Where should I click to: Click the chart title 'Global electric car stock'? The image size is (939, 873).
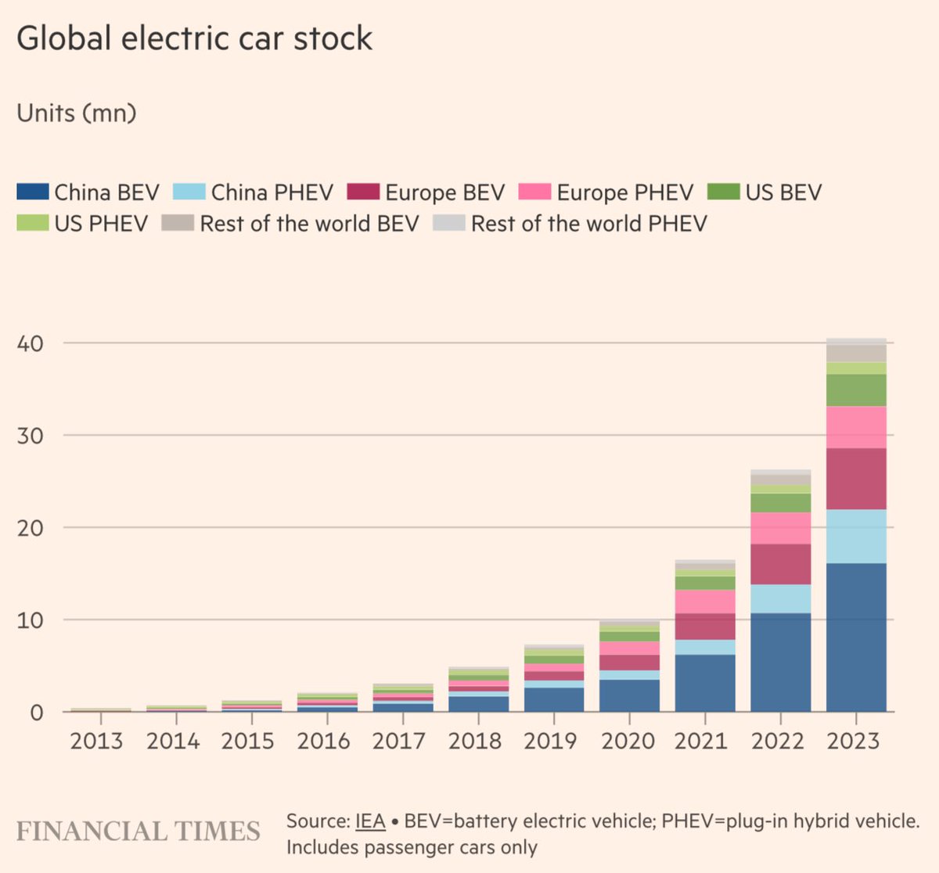(x=194, y=38)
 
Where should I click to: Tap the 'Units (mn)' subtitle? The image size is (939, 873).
(x=77, y=113)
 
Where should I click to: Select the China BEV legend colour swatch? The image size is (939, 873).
(x=32, y=192)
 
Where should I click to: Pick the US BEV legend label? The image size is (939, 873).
(x=782, y=192)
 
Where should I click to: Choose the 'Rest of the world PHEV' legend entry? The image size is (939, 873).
(x=588, y=224)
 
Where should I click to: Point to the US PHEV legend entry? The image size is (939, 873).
(x=100, y=224)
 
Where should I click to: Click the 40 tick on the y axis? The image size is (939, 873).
(x=30, y=343)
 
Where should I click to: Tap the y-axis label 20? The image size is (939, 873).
(x=30, y=528)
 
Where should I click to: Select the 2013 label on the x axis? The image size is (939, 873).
(x=96, y=741)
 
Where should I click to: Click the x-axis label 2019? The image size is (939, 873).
(x=550, y=741)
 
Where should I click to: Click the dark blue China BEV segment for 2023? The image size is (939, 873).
(x=856, y=638)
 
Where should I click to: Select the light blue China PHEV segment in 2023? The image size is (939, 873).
(x=856, y=537)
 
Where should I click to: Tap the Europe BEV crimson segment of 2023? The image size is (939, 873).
(x=856, y=479)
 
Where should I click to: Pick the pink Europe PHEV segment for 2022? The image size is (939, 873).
(x=780, y=528)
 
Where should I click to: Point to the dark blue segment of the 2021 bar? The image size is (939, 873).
(x=704, y=683)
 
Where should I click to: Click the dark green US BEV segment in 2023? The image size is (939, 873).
(x=856, y=390)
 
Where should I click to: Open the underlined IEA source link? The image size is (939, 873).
(x=370, y=821)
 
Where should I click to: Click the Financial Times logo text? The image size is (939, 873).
(x=138, y=831)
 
